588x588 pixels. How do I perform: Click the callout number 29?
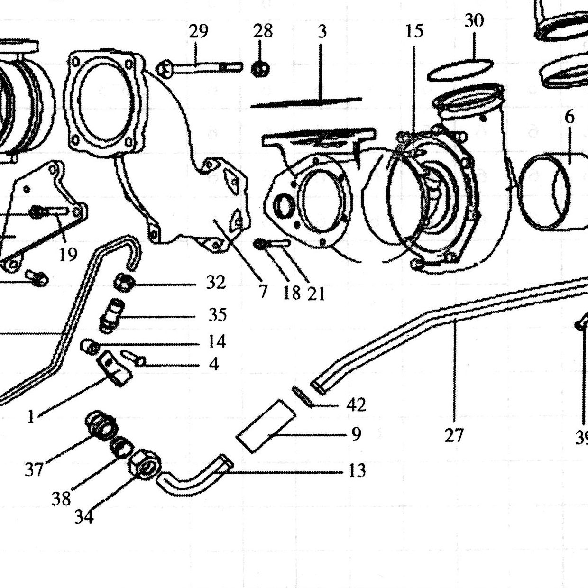(198, 32)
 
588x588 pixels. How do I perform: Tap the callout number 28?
(263, 31)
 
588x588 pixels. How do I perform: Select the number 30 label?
(474, 21)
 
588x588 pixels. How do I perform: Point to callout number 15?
(414, 31)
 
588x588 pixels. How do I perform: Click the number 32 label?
(216, 282)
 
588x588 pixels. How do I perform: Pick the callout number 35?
(218, 315)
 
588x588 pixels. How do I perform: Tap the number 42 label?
(356, 405)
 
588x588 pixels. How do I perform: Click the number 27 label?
(454, 435)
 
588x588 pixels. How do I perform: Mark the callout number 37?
(34, 469)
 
